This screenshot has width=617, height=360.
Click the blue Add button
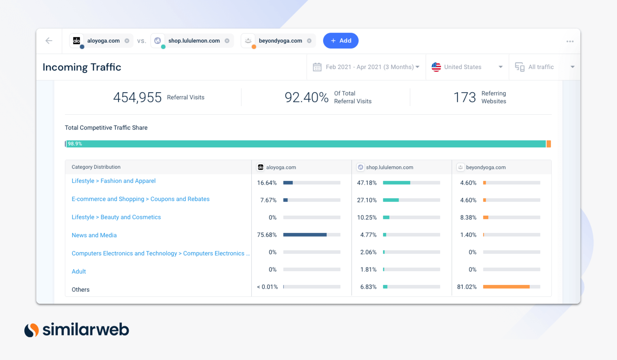(x=341, y=41)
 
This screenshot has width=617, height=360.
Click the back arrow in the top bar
(x=49, y=41)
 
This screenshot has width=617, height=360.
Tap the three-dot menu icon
(x=570, y=41)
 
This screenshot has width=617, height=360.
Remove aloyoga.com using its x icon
(x=127, y=41)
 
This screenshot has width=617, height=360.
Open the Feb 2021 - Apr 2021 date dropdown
(x=366, y=67)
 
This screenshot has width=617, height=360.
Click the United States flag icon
(x=436, y=67)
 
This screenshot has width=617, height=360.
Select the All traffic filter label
(x=541, y=67)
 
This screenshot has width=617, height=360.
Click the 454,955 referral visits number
(x=137, y=97)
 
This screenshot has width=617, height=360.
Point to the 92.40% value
(x=306, y=97)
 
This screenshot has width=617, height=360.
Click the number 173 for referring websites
(x=464, y=97)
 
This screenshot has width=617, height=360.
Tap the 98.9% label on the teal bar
(x=75, y=144)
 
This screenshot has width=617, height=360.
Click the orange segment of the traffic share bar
(x=549, y=144)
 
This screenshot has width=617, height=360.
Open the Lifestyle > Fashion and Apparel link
(x=113, y=181)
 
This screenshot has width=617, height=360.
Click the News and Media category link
(x=94, y=235)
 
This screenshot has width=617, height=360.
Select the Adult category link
(x=79, y=271)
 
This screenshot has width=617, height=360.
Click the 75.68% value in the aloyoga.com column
(x=267, y=235)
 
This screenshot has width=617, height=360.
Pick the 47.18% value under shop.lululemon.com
(x=367, y=183)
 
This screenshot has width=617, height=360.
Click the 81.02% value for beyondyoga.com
(x=467, y=287)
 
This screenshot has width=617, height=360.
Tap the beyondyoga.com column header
(x=486, y=167)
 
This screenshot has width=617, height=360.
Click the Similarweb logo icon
(x=32, y=330)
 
